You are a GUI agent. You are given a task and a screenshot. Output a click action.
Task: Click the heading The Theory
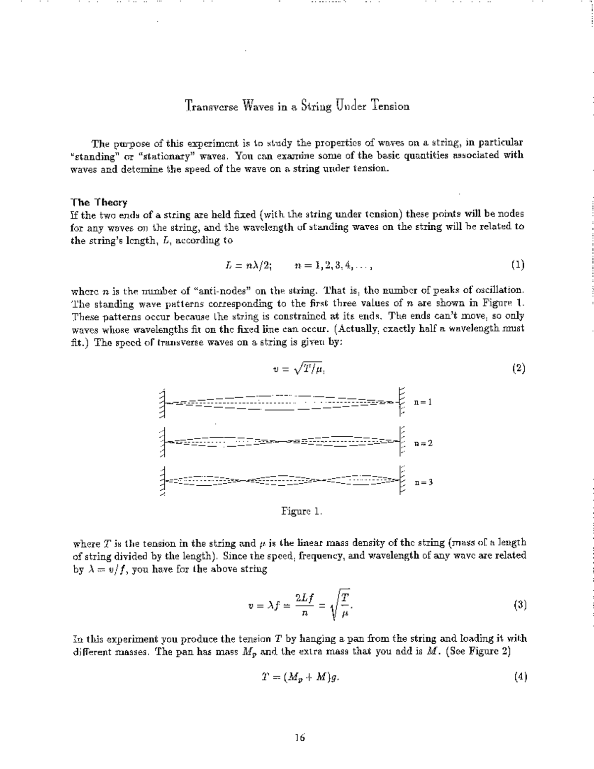coord(99,202)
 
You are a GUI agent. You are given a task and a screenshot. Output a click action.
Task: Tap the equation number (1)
coord(518,265)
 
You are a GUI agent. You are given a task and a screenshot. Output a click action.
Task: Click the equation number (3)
coord(520,605)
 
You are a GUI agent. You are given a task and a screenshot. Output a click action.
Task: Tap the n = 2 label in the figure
coord(423,443)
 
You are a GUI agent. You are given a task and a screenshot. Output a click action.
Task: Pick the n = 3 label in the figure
coord(423,482)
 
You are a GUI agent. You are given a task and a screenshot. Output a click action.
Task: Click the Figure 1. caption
coord(301,511)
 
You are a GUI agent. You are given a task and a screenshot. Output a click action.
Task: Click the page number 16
coord(300,738)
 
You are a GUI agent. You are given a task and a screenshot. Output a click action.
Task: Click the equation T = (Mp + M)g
coord(300,677)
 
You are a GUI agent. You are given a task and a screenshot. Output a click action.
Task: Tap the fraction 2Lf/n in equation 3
coord(304,605)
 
